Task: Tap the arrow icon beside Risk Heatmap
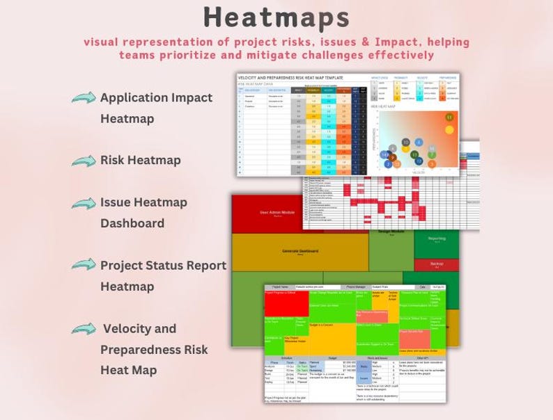pyautogui.click(x=84, y=161)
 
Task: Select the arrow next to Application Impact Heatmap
pyautogui.click(x=84, y=98)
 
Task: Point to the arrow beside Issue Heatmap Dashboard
pyautogui.click(x=84, y=204)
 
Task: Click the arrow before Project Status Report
pyautogui.click(x=84, y=266)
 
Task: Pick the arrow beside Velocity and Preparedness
pyautogui.click(x=84, y=329)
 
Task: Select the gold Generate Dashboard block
pyautogui.click(x=300, y=252)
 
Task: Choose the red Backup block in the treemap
pyautogui.click(x=437, y=265)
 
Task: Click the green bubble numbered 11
pyautogui.click(x=449, y=118)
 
